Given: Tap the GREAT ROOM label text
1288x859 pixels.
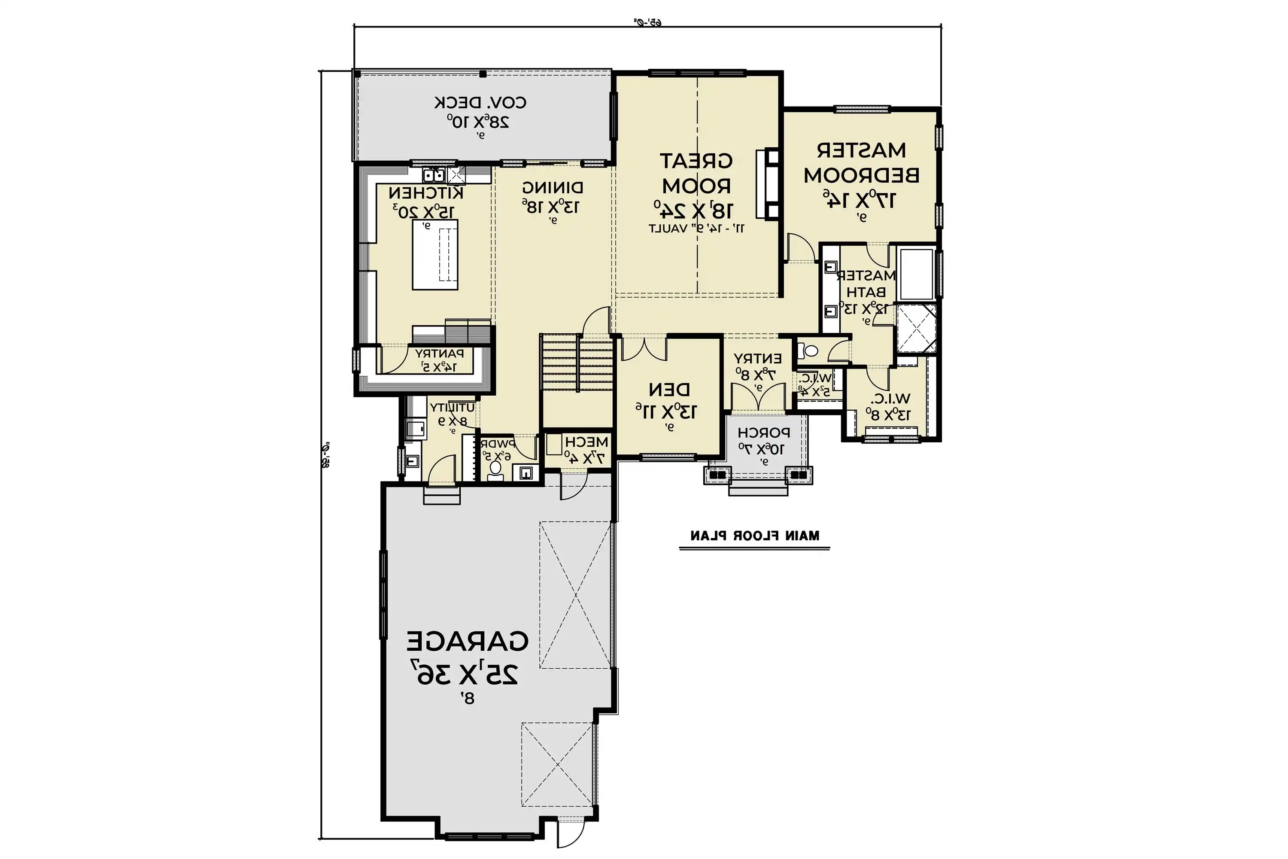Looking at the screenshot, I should (x=696, y=174).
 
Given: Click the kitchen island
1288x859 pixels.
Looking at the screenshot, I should (x=435, y=255).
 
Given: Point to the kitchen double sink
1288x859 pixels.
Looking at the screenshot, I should (x=433, y=176).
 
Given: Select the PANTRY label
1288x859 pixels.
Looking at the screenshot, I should (x=439, y=354).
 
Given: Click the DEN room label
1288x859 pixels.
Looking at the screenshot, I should (x=669, y=390).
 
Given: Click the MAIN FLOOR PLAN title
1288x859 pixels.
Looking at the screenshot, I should (x=755, y=536).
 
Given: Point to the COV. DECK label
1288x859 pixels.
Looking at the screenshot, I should (x=480, y=103).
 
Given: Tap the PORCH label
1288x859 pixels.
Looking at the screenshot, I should (x=763, y=433).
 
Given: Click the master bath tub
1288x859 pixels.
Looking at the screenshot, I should (x=917, y=274).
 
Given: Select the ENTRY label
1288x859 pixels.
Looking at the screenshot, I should (x=758, y=359).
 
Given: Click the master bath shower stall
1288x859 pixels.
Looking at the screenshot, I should (x=916, y=329).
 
